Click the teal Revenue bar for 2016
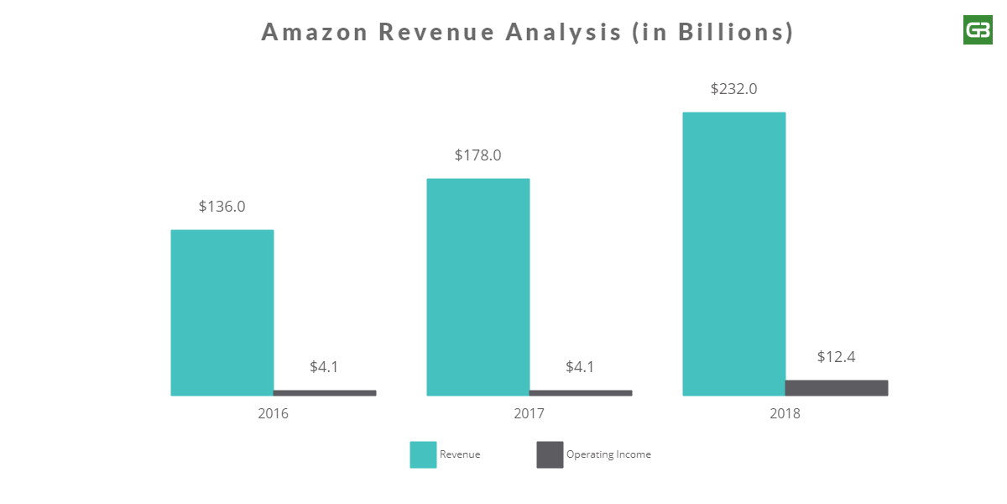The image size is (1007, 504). [x=222, y=312]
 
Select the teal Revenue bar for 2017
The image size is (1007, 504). [x=478, y=286]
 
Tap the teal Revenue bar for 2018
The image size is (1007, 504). [x=734, y=254]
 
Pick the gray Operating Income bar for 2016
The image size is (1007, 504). [x=325, y=392]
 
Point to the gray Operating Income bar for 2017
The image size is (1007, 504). [x=581, y=392]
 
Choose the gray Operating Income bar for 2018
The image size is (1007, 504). [x=837, y=387]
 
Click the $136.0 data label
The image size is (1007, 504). [x=222, y=207]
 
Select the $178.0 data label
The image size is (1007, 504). [x=478, y=155]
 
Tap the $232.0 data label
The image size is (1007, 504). [x=734, y=89]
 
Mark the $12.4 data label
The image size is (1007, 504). [x=837, y=357]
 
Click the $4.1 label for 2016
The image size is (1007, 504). [x=325, y=367]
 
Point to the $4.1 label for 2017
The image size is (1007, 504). [x=581, y=367]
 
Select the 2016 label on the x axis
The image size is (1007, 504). [x=274, y=414]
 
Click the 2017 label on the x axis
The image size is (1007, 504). [x=530, y=414]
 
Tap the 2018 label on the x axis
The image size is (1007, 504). [x=785, y=414]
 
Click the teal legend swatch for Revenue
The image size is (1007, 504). [x=423, y=454]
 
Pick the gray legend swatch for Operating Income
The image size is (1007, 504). [x=550, y=454]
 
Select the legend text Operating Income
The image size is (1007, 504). [x=608, y=454]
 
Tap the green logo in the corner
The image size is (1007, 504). [x=978, y=30]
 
